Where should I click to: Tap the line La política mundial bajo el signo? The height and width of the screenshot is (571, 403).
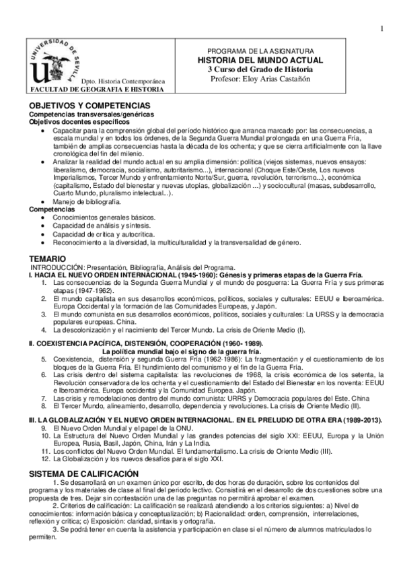[180, 351]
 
